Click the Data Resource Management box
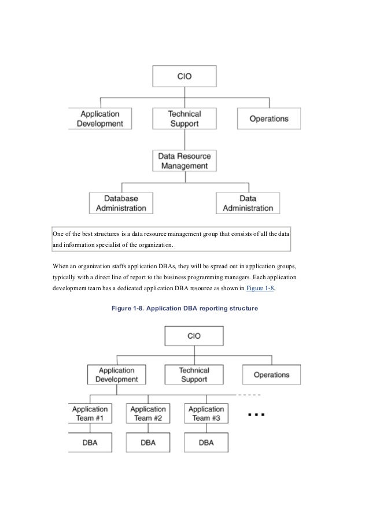click(x=184, y=161)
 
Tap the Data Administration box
click(x=248, y=202)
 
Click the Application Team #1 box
click(x=90, y=413)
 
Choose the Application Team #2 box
click(x=148, y=413)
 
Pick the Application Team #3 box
click(x=206, y=413)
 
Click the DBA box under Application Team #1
click(x=90, y=443)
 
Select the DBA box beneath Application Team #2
click(x=148, y=443)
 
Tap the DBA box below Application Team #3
click(x=206, y=443)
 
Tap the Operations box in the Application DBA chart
click(x=271, y=375)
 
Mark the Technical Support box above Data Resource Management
click(x=184, y=119)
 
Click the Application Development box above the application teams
click(x=117, y=375)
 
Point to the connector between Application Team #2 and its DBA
click(x=148, y=428)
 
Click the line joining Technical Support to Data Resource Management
click(x=184, y=140)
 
